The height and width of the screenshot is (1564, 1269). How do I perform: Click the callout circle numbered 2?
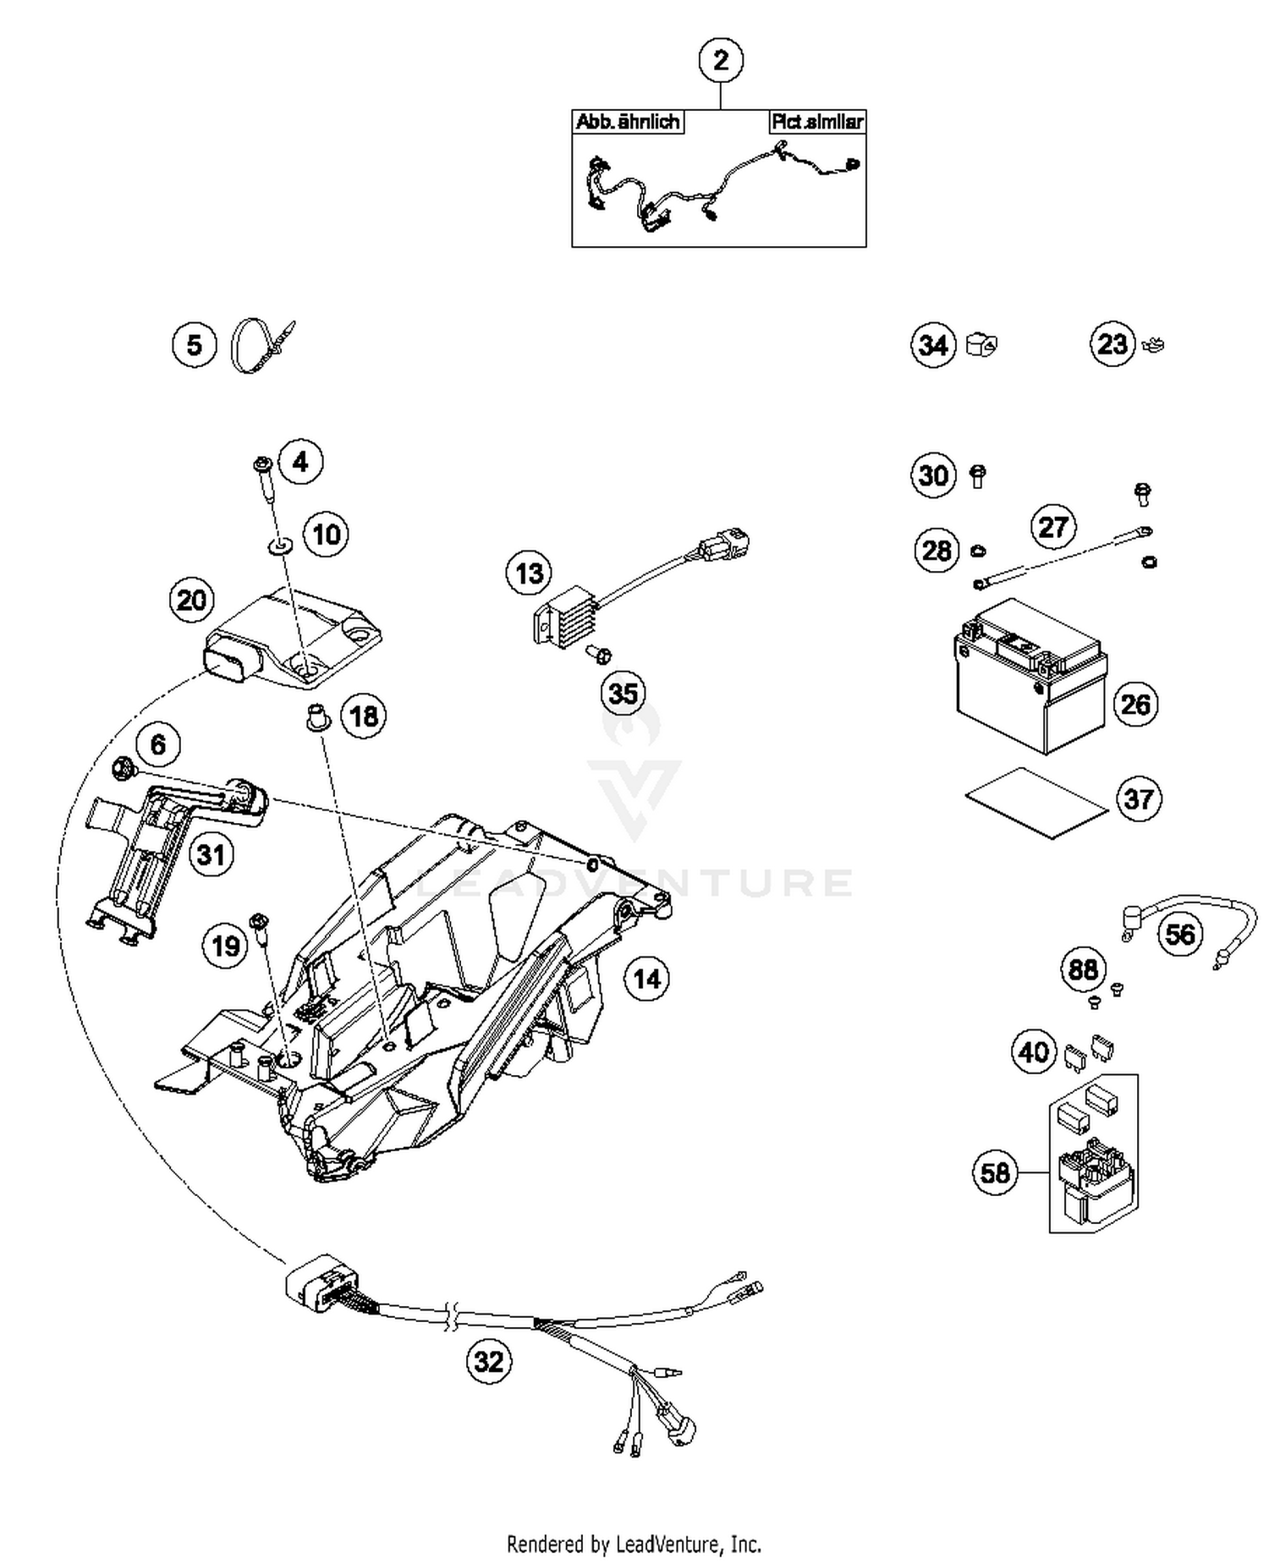coord(721,61)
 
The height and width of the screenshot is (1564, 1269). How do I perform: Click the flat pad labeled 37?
coord(1036,803)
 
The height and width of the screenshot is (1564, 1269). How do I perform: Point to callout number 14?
coord(646,979)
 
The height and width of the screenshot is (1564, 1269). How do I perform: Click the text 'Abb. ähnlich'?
coord(627,122)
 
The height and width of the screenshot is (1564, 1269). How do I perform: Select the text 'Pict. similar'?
coord(816,122)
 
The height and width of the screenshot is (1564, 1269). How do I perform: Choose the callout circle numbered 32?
coord(489,1361)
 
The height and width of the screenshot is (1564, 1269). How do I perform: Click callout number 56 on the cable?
coord(1179,934)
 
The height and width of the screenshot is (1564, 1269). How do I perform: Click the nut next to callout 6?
coord(122,767)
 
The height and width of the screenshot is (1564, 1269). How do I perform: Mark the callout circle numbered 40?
coord(1034,1052)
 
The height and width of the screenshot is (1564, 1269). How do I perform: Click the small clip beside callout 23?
coord(1153,344)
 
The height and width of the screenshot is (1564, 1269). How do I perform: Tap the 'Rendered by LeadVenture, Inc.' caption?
coord(634,1545)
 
